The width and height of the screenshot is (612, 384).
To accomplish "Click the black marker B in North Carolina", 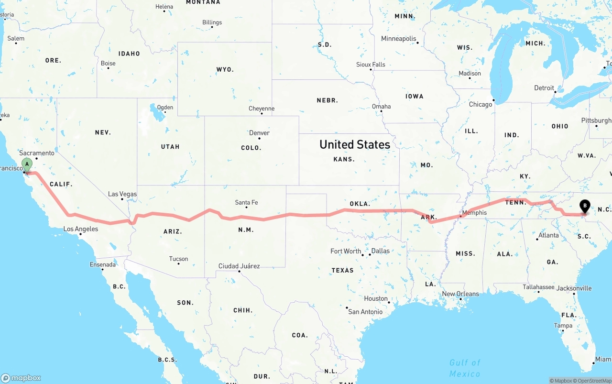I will point(584,206).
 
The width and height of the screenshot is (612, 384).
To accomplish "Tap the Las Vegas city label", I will point(122,194).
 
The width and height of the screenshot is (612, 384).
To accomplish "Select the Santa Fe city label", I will point(246,203).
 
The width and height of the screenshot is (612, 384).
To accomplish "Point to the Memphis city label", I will point(474,213).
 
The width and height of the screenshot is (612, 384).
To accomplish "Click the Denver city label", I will point(259,133).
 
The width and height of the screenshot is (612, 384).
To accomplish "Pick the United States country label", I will point(355,144).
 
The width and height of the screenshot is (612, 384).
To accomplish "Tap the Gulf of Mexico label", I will point(465,368).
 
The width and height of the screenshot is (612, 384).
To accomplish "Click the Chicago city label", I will point(481,104).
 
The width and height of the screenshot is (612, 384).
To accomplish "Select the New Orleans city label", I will point(460,294).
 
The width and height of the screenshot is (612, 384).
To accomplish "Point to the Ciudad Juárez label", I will point(239,266).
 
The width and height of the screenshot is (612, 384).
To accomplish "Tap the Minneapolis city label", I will point(398,39).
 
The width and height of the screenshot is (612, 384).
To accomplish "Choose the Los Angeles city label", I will point(81,229).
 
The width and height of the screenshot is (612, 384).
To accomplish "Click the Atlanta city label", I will point(548,235).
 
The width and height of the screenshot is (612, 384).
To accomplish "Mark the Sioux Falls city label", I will point(371,65).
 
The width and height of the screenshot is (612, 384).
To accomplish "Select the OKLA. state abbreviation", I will point(360,204).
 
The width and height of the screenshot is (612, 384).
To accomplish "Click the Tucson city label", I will point(178,259).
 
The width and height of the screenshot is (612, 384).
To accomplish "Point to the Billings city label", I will point(212,22).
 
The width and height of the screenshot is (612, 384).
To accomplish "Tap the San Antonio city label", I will point(365,312).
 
